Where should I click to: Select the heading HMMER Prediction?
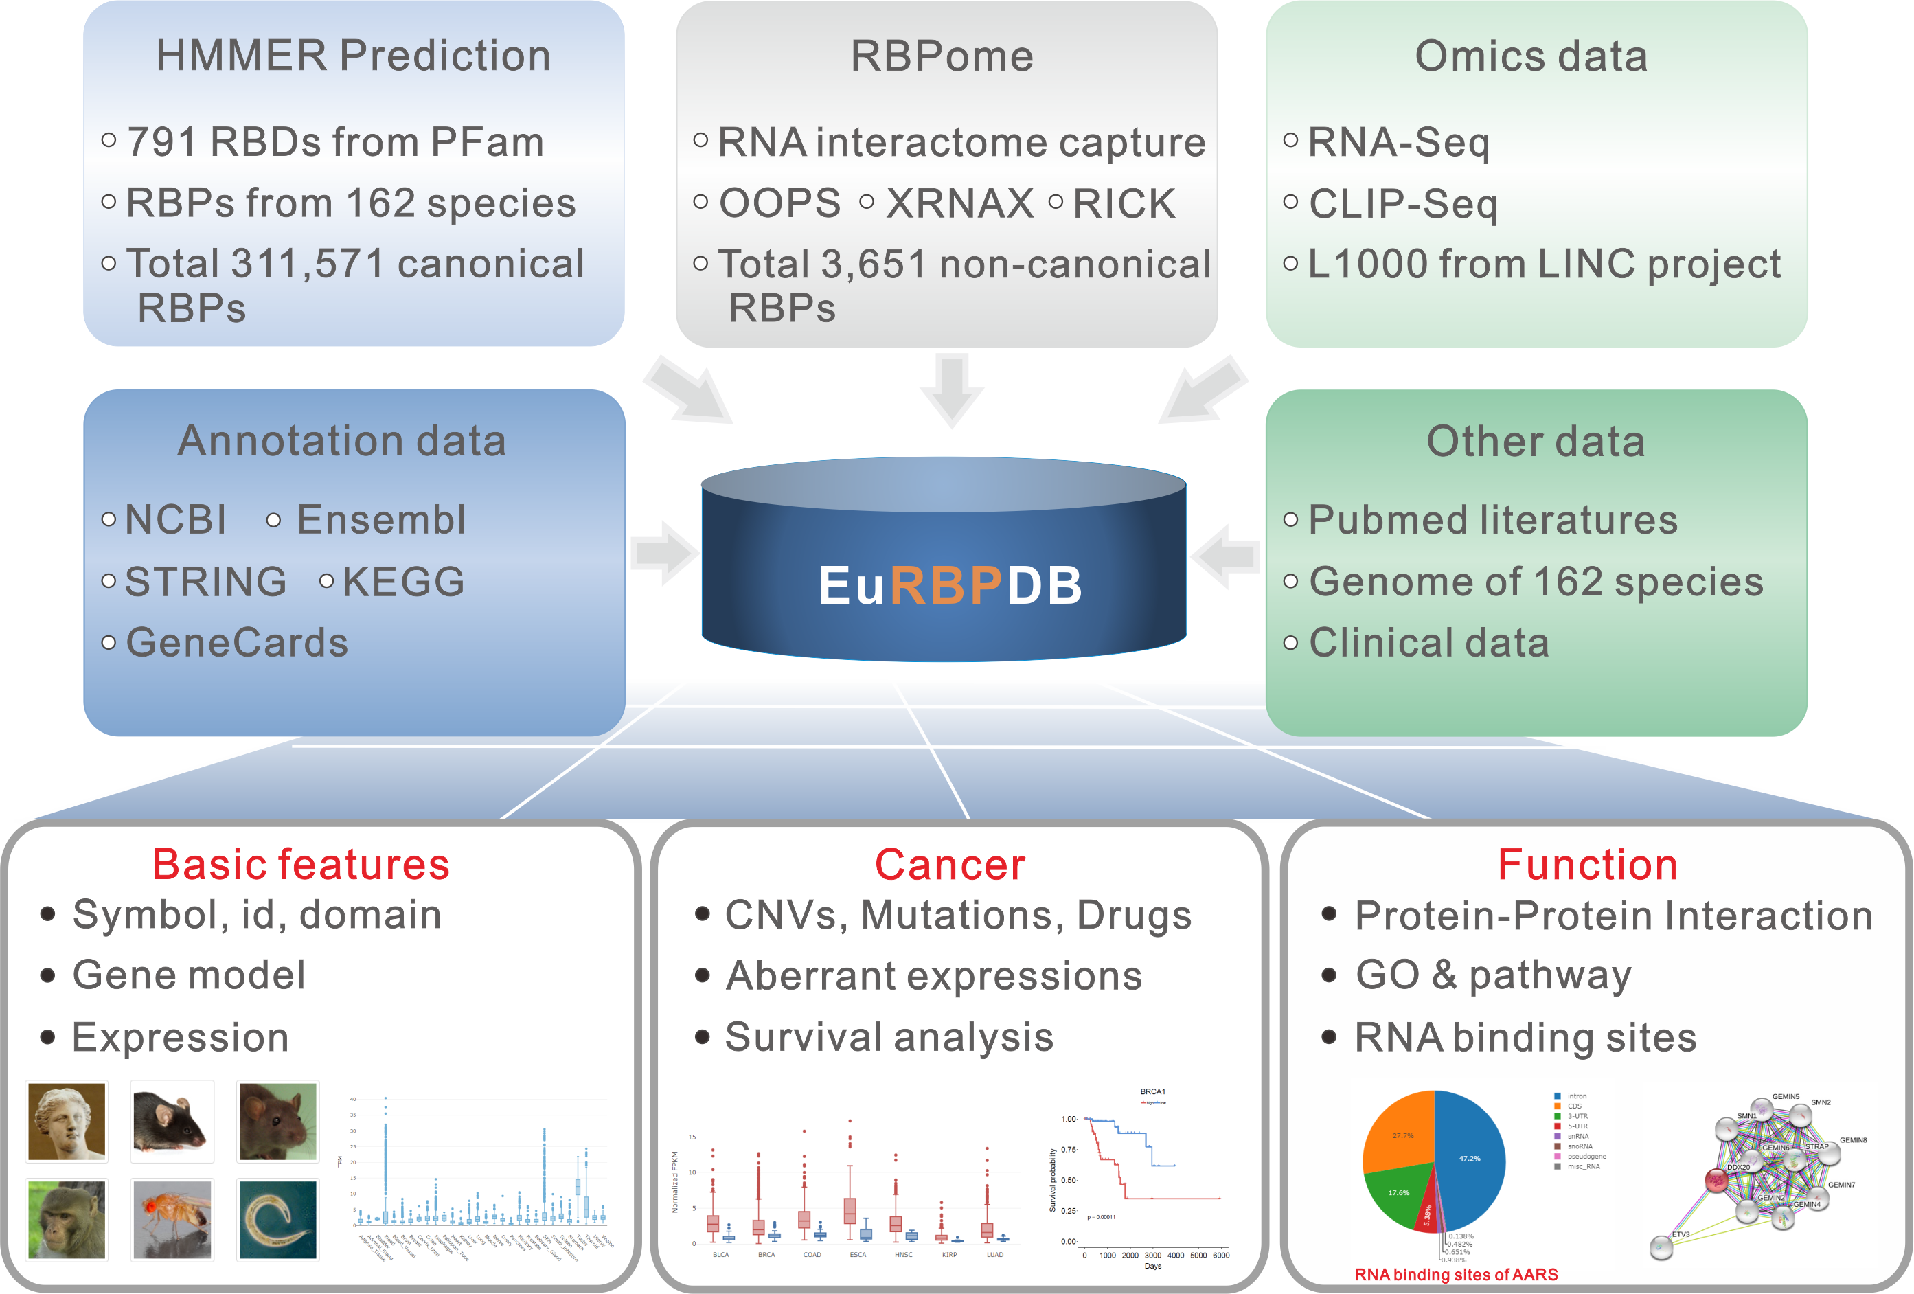tap(353, 56)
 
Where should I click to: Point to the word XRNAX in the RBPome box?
tap(959, 203)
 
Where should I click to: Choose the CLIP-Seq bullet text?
tap(1402, 203)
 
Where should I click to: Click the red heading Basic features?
tap(301, 865)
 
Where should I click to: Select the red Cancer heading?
tap(950, 865)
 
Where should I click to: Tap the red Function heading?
tap(1587, 865)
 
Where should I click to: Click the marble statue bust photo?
tap(67, 1121)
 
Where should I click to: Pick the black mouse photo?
tap(172, 1121)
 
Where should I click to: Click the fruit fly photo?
tap(172, 1220)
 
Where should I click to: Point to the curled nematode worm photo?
tap(277, 1220)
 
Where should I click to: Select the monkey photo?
tap(67, 1220)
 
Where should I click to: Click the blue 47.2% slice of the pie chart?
tap(1470, 1157)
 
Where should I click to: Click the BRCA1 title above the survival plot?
tap(1152, 1091)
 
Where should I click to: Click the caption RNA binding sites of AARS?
tap(1455, 1274)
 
